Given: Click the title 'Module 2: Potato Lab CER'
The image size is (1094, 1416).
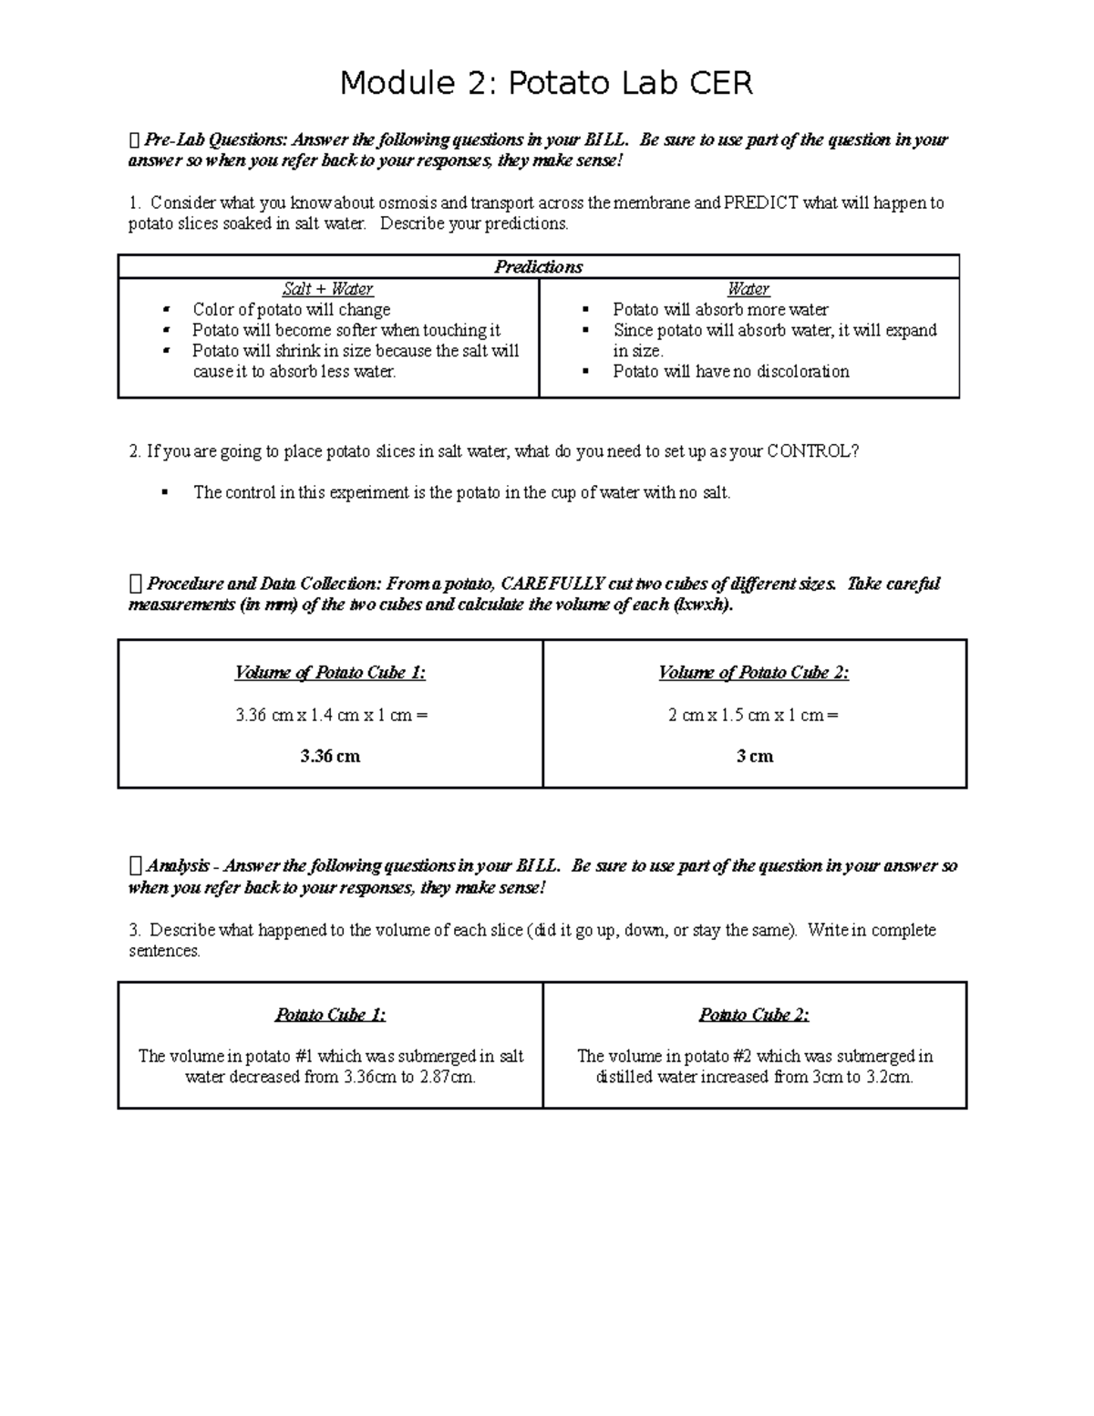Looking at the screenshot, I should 546,84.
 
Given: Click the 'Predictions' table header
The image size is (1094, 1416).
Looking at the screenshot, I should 538,266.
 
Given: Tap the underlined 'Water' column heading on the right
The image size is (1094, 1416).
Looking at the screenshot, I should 748,289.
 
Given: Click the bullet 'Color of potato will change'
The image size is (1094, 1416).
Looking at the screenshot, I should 291,310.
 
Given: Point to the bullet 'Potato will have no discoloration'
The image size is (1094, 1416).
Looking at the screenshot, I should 730,371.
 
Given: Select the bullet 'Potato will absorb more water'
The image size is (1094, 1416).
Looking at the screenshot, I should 720,310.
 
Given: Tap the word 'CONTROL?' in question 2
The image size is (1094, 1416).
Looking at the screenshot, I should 812,451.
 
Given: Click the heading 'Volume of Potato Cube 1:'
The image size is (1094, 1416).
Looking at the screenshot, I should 330,673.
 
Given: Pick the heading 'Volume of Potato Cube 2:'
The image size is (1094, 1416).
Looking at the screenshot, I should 754,673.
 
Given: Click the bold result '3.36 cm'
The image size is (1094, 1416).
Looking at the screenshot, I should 330,756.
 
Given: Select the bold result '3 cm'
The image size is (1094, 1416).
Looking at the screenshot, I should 755,756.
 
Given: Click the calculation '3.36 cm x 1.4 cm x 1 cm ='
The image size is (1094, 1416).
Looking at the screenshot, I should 331,715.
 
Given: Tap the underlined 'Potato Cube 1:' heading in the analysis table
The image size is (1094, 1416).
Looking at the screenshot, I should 330,1015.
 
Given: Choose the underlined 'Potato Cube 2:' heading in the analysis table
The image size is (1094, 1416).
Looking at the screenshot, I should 754,1015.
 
